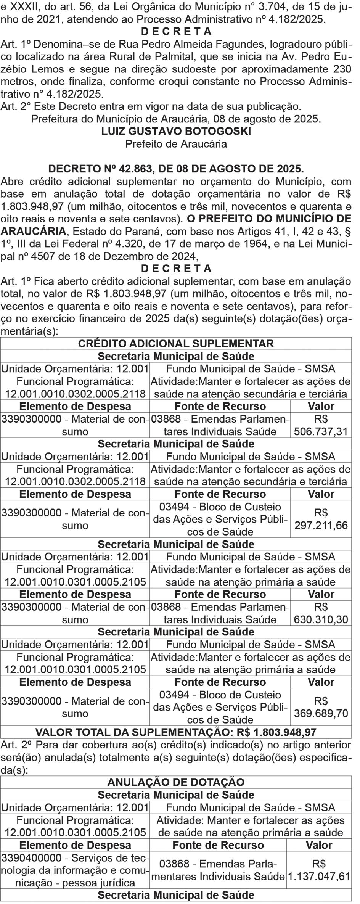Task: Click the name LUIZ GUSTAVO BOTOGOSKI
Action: click(x=176, y=131)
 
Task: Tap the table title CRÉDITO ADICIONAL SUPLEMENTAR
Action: click(x=176, y=344)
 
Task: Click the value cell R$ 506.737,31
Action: click(x=321, y=425)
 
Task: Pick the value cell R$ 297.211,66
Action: click(x=321, y=519)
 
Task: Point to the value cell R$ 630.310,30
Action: click(x=321, y=613)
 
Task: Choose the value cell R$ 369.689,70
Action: click(x=321, y=707)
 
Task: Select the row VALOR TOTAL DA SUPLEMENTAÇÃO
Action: click(x=176, y=732)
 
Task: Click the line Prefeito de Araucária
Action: click(x=176, y=144)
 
